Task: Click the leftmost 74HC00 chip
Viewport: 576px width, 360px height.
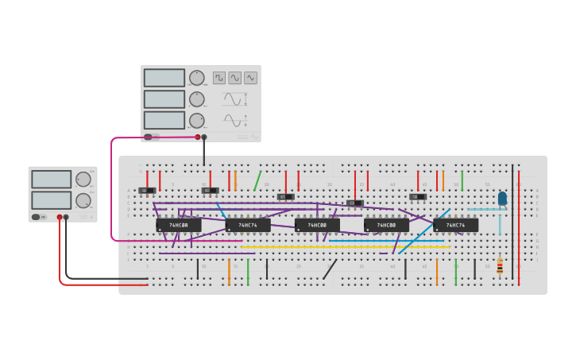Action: (179, 226)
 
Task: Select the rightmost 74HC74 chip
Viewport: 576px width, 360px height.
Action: (455, 226)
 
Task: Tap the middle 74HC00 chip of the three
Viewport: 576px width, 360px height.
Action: (317, 226)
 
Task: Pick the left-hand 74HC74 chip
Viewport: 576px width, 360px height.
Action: (248, 226)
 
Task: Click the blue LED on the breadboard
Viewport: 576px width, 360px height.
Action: (502, 199)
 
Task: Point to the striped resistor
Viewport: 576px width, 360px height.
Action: (500, 267)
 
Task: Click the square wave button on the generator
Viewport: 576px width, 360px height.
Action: (219, 78)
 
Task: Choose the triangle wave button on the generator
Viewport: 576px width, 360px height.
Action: (251, 78)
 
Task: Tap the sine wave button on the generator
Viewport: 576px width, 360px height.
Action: (235, 78)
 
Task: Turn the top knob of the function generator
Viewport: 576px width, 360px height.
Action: (196, 78)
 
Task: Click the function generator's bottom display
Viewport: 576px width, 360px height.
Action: (164, 120)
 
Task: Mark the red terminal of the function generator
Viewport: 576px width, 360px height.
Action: (198, 137)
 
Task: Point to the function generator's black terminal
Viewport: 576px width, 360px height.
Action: (204, 137)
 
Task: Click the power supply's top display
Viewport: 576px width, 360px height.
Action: (51, 180)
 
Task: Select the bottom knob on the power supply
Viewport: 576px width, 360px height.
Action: (83, 200)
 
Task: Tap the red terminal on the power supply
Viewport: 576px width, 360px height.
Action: (60, 217)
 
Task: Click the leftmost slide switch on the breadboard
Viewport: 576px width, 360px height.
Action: (147, 191)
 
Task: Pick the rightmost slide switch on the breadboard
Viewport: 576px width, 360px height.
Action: (418, 196)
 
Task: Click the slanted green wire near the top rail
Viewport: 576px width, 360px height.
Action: (257, 180)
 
